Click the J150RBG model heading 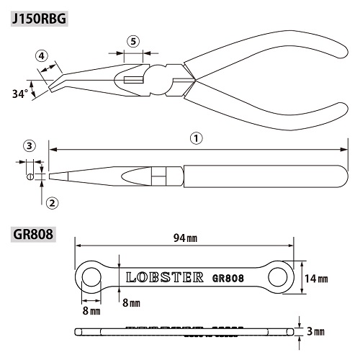(x=39, y=19)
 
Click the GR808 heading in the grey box (x=33, y=234)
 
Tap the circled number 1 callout (x=197, y=138)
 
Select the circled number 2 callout (x=52, y=203)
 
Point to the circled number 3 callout (x=30, y=145)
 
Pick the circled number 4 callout (x=42, y=56)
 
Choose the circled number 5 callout (x=133, y=41)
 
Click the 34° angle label (x=20, y=94)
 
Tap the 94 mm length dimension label (x=185, y=238)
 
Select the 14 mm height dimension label (x=316, y=279)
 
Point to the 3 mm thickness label (x=315, y=332)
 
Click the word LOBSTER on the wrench (x=165, y=277)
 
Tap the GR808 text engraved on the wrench (x=228, y=279)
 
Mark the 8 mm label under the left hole (x=91, y=311)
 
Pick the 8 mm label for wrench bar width (x=131, y=303)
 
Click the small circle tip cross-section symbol (x=30, y=176)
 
